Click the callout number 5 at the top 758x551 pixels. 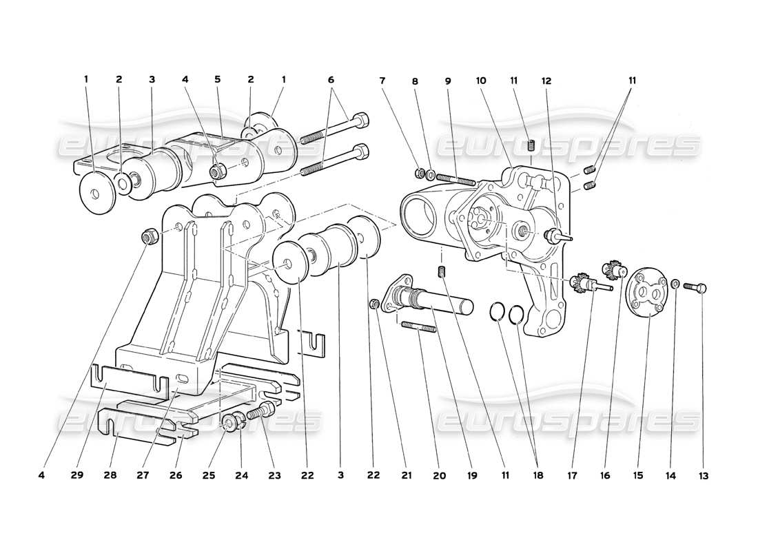point(217,79)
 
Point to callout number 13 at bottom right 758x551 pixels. point(703,475)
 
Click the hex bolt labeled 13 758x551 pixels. point(696,287)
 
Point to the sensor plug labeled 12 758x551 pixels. point(554,236)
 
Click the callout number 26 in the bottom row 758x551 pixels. point(180,475)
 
